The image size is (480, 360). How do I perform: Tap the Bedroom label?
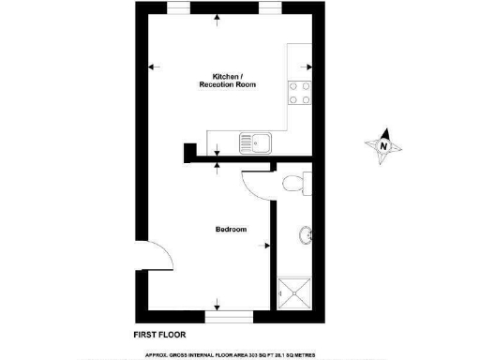click(231, 230)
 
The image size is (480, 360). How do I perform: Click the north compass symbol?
click(383, 146)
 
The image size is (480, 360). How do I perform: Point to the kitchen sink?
click(256, 143)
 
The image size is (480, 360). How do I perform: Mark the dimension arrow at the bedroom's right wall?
click(267, 247)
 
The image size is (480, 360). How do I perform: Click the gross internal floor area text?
click(238, 355)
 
